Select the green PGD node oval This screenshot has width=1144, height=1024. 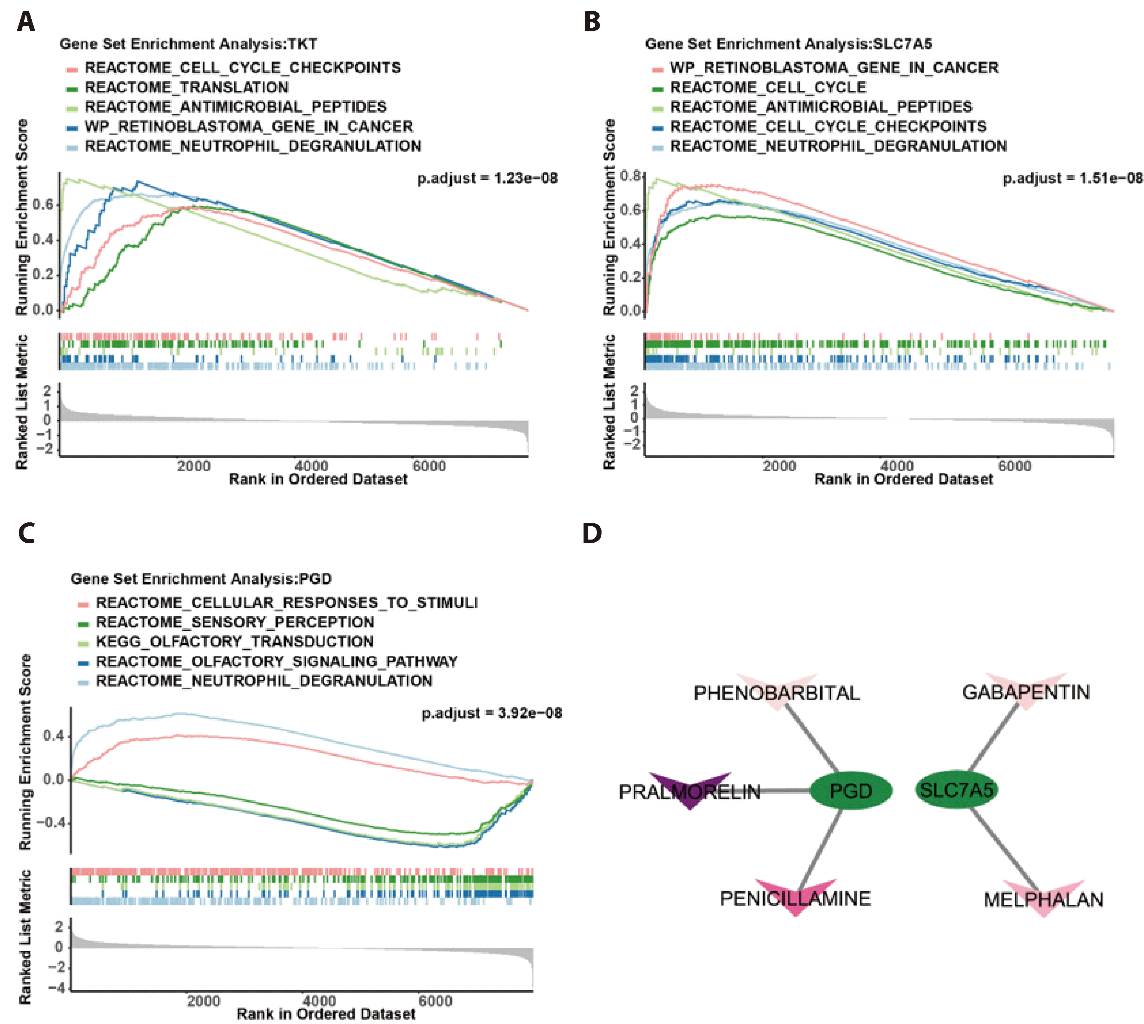(850, 791)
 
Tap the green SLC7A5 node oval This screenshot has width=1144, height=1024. (956, 789)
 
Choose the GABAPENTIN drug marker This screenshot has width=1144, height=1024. (1026, 689)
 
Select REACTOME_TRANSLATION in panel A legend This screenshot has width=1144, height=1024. (186, 87)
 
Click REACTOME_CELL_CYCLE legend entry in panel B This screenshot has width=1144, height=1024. (767, 87)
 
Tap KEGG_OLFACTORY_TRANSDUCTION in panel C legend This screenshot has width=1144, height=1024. (234, 641)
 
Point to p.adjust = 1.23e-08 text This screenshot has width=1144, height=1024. (487, 178)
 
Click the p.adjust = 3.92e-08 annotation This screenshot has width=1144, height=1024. (492, 713)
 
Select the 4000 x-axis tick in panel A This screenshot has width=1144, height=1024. (311, 466)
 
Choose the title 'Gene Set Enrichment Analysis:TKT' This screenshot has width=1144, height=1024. (188, 44)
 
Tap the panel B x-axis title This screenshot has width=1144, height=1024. (903, 479)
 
